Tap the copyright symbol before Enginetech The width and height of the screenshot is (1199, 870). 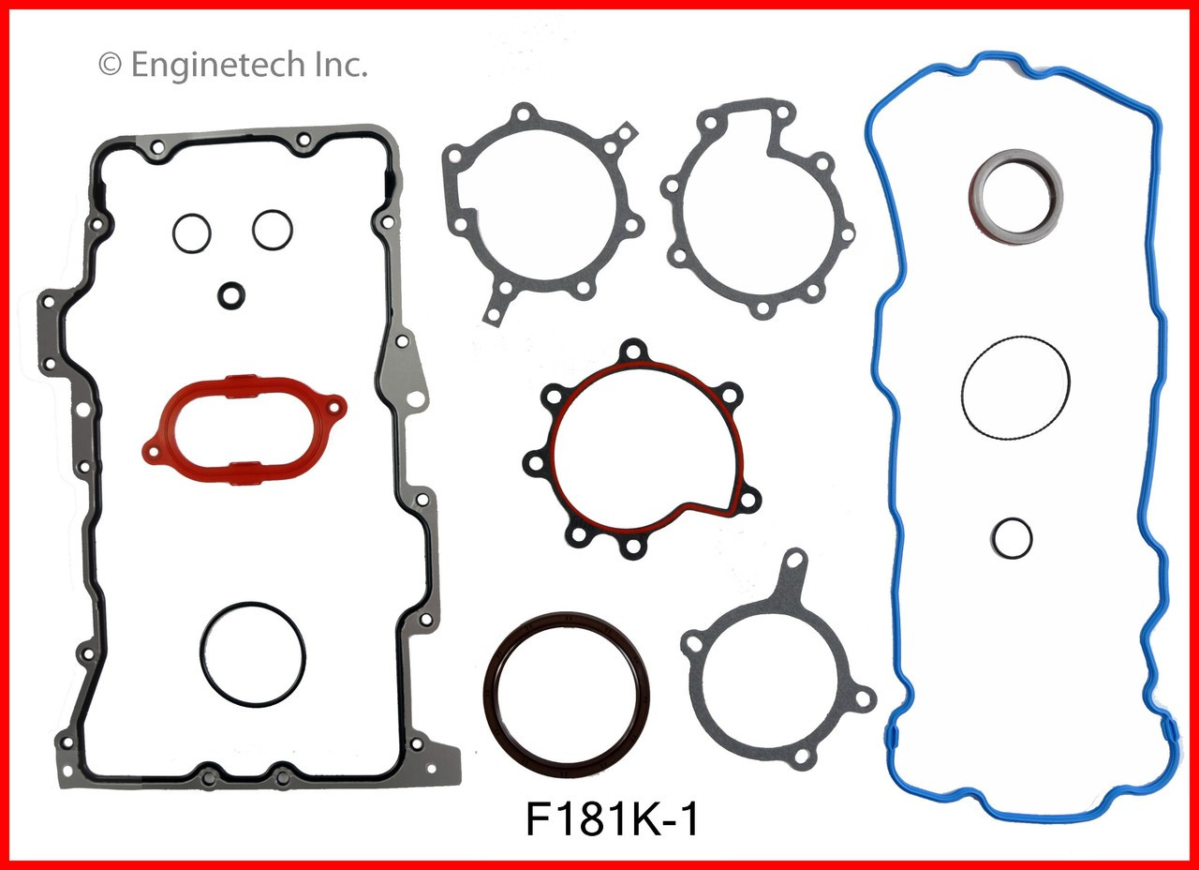pyautogui.click(x=109, y=67)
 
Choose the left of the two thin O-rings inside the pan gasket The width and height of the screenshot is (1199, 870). pyautogui.click(x=191, y=231)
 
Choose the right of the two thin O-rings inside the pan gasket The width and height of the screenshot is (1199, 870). pyautogui.click(x=272, y=229)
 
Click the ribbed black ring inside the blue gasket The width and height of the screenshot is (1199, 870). pyautogui.click(x=1014, y=387)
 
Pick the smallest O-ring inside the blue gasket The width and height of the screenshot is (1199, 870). pyautogui.click(x=1012, y=537)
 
